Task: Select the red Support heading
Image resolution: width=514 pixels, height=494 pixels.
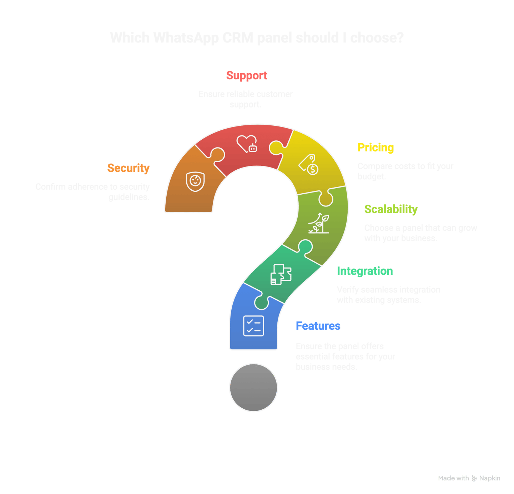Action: [247, 76]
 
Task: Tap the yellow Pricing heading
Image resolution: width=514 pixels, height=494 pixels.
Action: [376, 148]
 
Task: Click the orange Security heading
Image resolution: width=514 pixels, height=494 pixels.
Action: [128, 168]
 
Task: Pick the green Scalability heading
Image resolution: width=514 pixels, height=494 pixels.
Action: [391, 209]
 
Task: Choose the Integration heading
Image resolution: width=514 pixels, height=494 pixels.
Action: [365, 271]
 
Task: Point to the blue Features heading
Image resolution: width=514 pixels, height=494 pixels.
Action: [318, 326]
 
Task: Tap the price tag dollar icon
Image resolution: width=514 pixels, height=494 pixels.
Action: [308, 165]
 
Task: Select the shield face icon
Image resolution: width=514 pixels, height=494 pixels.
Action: [195, 181]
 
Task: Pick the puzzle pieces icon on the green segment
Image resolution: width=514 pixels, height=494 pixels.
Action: [281, 274]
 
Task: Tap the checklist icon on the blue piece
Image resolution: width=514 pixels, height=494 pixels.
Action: [253, 326]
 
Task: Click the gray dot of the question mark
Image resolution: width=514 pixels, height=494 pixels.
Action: [253, 388]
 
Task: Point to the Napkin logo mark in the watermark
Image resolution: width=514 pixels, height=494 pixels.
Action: [474, 478]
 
